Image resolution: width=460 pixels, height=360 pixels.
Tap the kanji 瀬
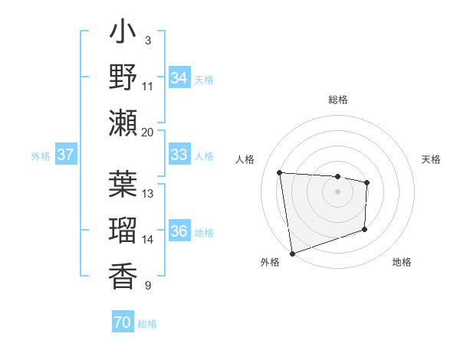click(123, 122)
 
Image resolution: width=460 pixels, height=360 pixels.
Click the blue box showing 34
click(179, 77)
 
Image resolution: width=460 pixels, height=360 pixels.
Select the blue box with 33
click(179, 155)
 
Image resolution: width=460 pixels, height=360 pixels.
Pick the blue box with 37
click(66, 155)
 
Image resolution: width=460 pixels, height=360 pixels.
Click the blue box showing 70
click(122, 322)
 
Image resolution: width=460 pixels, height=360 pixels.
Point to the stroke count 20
click(148, 132)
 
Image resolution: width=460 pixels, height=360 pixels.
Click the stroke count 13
click(148, 193)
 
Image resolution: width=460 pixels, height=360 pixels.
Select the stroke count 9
click(147, 286)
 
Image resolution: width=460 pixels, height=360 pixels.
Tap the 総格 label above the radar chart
click(337, 100)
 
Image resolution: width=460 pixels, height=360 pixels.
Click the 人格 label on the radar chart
click(246, 159)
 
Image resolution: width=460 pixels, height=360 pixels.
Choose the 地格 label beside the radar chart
click(402, 262)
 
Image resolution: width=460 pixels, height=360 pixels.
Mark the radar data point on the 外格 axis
click(292, 253)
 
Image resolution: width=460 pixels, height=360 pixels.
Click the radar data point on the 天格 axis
click(367, 182)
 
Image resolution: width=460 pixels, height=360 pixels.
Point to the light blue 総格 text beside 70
click(147, 324)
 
